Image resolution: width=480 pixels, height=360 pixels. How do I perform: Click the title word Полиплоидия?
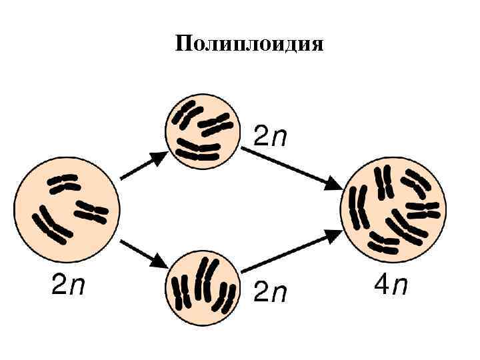249,45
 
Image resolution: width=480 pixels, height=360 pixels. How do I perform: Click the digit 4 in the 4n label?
381,286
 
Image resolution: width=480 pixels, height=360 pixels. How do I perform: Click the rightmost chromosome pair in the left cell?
91,211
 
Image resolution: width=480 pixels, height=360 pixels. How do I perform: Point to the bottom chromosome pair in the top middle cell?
198,152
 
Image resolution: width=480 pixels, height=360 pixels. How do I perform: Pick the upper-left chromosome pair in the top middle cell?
186,114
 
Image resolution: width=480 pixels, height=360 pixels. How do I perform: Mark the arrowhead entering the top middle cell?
159,157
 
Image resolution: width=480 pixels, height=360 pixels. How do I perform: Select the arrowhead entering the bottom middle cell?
160,260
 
